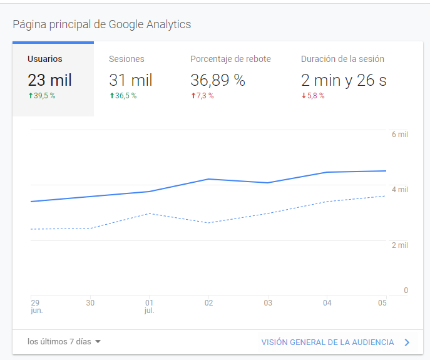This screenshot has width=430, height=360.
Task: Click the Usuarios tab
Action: click(45, 59)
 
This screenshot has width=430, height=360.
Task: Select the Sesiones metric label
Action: click(126, 59)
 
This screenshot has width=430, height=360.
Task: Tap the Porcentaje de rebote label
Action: click(230, 59)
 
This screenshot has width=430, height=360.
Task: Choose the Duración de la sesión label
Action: click(342, 59)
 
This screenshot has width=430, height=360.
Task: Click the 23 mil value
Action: click(49, 80)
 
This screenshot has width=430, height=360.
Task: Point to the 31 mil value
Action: click(130, 80)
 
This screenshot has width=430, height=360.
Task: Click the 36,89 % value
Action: click(217, 80)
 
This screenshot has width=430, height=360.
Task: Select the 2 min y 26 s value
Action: click(343, 80)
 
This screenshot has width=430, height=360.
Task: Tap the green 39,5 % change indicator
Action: click(41, 96)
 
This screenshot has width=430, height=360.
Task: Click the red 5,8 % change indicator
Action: click(313, 96)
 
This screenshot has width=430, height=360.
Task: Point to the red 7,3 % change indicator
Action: click(202, 96)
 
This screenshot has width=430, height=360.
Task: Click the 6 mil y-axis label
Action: click(399, 135)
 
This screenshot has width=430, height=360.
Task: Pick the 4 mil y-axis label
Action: click(399, 190)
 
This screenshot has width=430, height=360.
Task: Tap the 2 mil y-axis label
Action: click(399, 245)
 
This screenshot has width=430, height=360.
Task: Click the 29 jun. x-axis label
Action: click(36, 306)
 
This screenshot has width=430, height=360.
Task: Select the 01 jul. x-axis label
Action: click(149, 306)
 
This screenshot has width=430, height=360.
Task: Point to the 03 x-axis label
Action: click(268, 303)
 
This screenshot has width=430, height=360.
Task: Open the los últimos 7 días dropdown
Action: click(64, 342)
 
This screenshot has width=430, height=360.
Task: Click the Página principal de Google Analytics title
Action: click(102, 25)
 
